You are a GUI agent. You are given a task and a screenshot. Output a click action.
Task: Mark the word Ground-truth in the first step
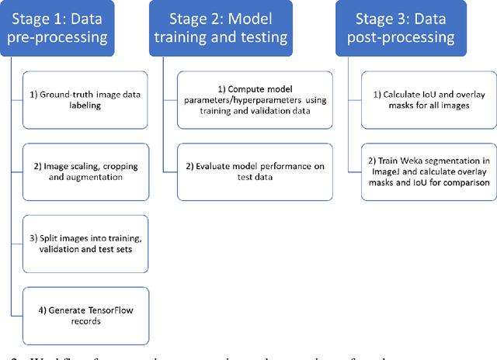pos(65,95)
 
